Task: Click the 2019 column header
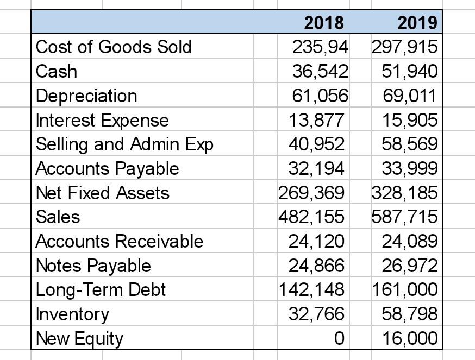coord(417,23)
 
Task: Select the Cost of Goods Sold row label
coord(114,47)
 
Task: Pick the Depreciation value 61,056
coord(320,96)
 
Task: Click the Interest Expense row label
coord(102,120)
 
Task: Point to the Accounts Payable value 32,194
coord(316,168)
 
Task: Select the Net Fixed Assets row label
coord(102,193)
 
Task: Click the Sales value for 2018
coord(311,217)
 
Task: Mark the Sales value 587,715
coord(404,217)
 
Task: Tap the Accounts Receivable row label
coord(120,241)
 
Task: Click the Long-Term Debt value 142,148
coord(311,289)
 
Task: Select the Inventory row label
coord(72,314)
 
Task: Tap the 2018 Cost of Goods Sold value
coord(320,47)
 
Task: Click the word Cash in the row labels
coord(57,71)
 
